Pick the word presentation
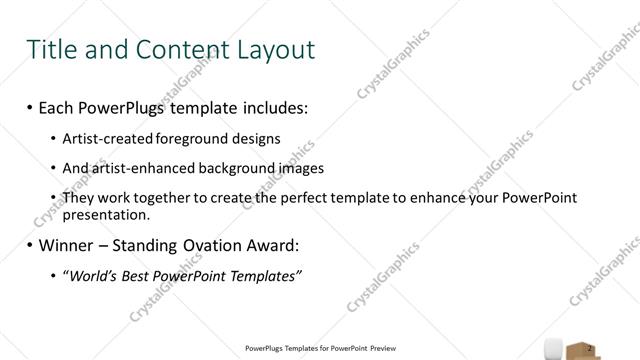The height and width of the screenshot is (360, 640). pyautogui.click(x=106, y=214)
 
